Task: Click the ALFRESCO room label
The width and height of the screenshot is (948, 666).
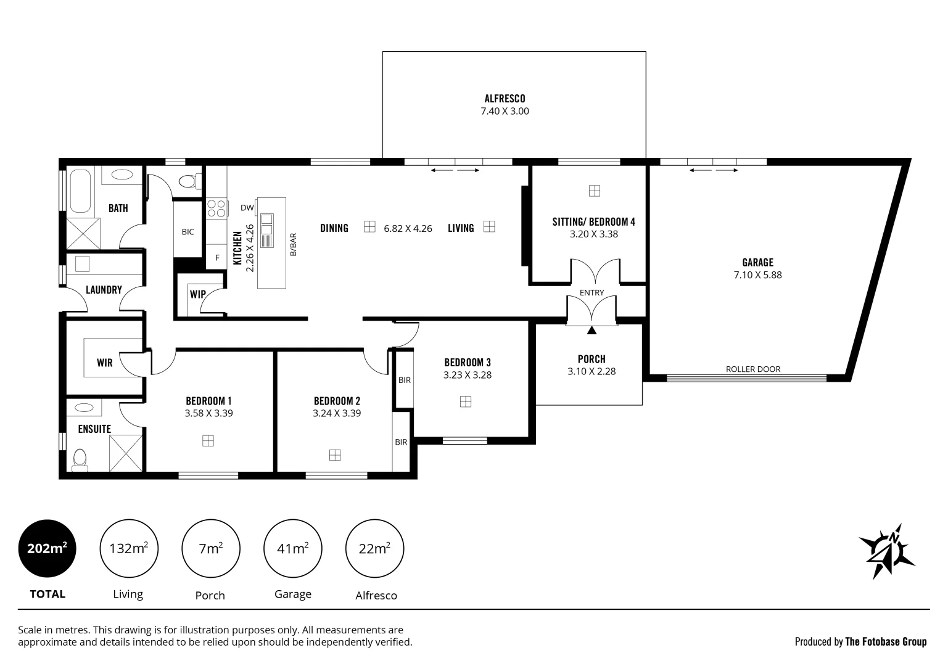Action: tap(505, 98)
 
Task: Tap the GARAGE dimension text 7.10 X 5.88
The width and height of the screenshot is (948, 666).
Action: tap(757, 275)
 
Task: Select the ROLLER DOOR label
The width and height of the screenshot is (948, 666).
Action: tap(752, 369)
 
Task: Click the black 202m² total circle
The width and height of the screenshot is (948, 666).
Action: tap(47, 548)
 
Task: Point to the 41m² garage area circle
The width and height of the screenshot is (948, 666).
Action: tap(292, 548)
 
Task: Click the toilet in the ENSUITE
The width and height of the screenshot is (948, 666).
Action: tap(80, 460)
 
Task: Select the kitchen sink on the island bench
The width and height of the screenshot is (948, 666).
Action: tap(267, 230)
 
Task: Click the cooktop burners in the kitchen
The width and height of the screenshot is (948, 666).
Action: tap(216, 208)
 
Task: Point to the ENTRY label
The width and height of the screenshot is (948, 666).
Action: tap(591, 292)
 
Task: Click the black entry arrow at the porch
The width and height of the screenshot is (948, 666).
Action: tap(591, 331)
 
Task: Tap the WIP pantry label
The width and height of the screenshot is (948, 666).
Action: tap(197, 294)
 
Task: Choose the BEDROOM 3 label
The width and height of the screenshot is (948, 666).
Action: tap(467, 363)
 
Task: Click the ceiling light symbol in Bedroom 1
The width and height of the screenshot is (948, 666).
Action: tap(208, 440)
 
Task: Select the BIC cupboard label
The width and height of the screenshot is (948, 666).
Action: tap(188, 232)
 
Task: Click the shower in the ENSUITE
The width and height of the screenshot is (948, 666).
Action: tap(125, 453)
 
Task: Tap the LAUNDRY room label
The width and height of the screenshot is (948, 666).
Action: tap(104, 290)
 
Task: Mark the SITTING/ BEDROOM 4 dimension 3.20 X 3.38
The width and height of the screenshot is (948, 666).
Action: tap(593, 234)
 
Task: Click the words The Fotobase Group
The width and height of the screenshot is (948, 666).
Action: tap(885, 642)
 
